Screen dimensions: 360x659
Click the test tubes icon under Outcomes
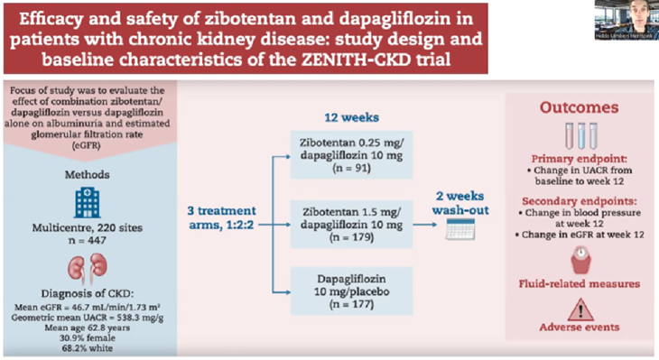tap(578, 134)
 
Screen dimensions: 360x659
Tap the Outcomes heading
tap(579, 107)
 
